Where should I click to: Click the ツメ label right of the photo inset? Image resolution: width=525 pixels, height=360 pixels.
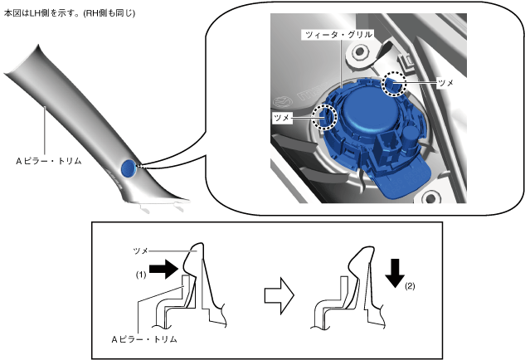point(445,84)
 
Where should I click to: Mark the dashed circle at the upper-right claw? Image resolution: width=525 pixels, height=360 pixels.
point(394,83)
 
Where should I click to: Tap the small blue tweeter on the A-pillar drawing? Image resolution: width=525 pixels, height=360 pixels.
point(127,168)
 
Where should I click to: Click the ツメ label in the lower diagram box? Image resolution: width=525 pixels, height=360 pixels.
point(142,249)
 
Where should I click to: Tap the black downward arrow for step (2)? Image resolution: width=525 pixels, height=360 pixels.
point(396,271)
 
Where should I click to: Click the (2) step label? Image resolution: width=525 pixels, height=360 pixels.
point(410,288)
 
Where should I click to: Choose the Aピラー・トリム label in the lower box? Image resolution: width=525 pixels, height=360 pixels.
point(144,339)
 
